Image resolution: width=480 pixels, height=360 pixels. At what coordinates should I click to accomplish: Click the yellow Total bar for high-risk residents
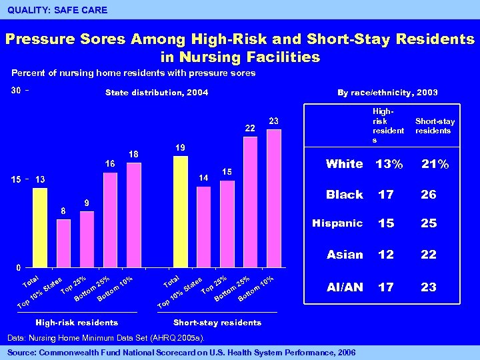40,227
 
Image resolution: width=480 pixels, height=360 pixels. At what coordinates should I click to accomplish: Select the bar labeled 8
63,242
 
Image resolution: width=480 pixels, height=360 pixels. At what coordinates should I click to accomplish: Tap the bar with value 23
273,197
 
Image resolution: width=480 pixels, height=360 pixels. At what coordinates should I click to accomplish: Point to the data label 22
250,128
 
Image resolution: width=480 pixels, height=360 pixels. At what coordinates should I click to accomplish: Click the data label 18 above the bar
133,154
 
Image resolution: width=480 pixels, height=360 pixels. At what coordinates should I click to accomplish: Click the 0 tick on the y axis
19,267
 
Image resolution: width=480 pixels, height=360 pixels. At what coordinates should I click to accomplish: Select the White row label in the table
344,164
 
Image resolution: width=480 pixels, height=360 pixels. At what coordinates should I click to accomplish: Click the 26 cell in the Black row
428,195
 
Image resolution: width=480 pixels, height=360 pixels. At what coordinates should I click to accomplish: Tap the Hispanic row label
337,223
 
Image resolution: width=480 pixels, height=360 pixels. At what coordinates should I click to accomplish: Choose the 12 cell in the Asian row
385,255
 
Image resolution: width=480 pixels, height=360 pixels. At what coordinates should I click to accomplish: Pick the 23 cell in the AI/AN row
428,287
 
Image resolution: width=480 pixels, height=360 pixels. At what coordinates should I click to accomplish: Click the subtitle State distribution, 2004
157,93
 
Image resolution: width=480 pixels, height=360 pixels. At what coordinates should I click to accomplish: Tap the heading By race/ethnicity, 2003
389,93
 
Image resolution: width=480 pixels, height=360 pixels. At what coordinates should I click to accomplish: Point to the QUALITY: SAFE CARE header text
57,10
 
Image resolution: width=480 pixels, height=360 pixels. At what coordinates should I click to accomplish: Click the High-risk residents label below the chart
78,323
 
